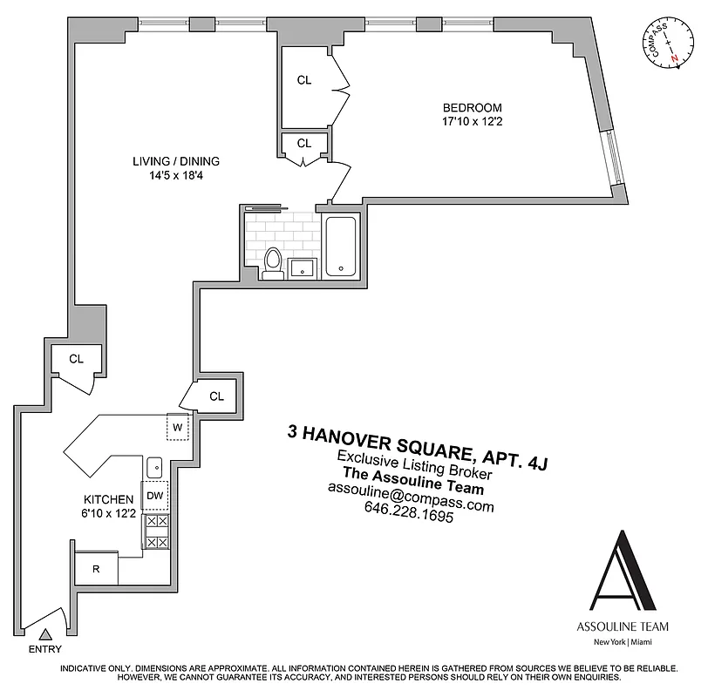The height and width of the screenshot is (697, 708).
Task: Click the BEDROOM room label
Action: point(472,107)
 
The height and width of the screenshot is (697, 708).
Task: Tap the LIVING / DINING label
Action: point(176,161)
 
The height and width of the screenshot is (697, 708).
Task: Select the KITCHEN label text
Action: point(108,498)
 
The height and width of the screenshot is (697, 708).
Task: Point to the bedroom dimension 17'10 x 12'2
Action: point(472,122)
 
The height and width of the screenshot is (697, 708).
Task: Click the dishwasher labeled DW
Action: point(155,496)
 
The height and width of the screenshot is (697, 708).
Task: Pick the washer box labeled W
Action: point(177,427)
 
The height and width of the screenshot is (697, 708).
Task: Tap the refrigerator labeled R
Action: point(96,570)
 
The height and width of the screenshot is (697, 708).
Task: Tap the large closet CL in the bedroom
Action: point(304,80)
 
